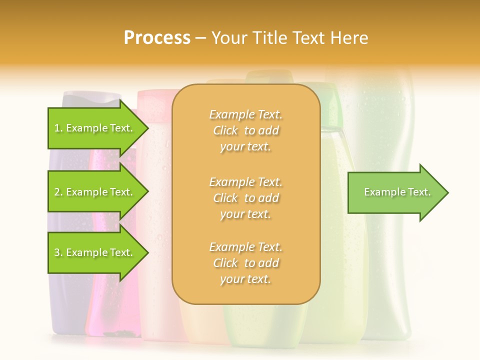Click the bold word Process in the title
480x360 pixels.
tap(157, 38)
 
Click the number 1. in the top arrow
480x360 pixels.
tap(58, 128)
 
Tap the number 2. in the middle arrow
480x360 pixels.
tap(58, 192)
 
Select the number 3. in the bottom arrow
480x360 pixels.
tap(58, 253)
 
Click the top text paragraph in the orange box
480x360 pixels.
tap(245, 130)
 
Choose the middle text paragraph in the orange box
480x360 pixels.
tap(245, 198)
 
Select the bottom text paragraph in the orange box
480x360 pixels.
tap(245, 263)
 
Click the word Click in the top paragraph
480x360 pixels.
tap(225, 130)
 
